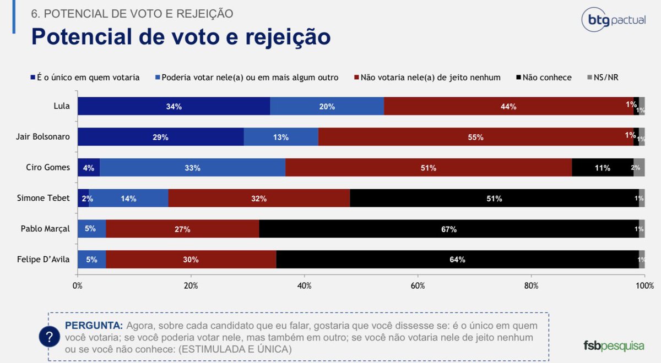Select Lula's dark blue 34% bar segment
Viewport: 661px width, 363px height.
click(x=174, y=106)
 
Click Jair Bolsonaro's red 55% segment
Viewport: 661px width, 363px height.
click(x=476, y=137)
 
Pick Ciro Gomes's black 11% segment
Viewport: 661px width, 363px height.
click(x=602, y=168)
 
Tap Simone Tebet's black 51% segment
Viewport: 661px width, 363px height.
click(x=494, y=198)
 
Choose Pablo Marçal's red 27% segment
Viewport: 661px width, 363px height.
click(x=182, y=229)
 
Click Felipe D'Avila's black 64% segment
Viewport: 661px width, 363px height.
click(x=457, y=260)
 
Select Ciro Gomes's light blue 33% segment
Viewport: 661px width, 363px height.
click(x=192, y=168)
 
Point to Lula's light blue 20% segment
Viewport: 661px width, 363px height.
click(x=327, y=106)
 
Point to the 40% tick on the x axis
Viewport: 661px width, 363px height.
click(x=304, y=286)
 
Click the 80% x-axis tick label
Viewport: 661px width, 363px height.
click(x=531, y=286)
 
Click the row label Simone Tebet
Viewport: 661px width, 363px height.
click(x=47, y=198)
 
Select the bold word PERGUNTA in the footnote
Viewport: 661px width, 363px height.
click(x=90, y=325)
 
